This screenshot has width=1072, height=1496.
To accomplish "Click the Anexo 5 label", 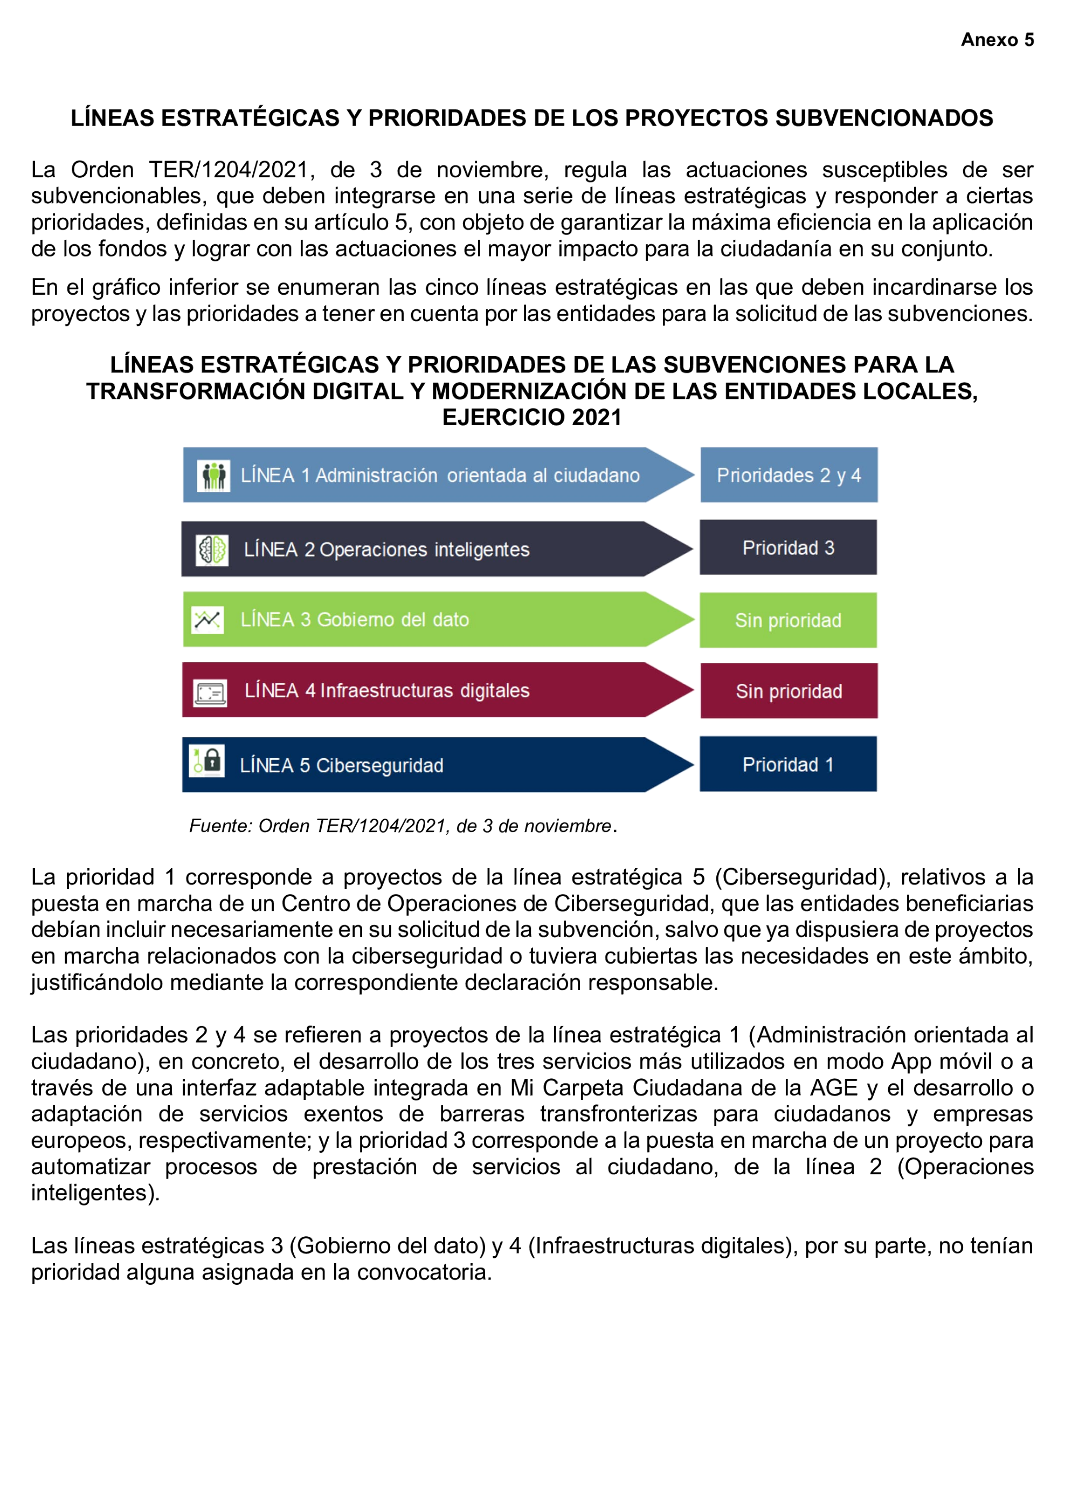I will coord(996,39).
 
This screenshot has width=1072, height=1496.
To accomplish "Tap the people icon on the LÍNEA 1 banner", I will coord(213,475).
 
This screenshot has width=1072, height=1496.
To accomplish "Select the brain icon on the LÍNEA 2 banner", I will coord(212,550).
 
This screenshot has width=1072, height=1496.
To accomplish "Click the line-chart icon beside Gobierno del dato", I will coord(207,619).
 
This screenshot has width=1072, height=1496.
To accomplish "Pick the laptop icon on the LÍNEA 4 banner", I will coord(210,692).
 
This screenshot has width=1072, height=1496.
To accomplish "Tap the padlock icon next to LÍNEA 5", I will coord(207,760).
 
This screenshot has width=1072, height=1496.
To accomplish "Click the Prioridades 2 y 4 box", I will coord(789,475).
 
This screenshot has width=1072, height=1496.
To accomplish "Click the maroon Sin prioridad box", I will coord(789,691).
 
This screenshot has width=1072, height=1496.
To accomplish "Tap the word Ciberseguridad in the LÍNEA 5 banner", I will coord(379,765).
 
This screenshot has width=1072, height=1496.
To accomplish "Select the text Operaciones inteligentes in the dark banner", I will coord(424,550).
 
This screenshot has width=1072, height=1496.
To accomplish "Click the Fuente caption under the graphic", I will coord(403,826).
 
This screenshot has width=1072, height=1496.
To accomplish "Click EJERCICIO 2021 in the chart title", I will coord(532,418).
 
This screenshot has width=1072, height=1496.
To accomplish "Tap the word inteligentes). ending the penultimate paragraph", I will coord(95,1193).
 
